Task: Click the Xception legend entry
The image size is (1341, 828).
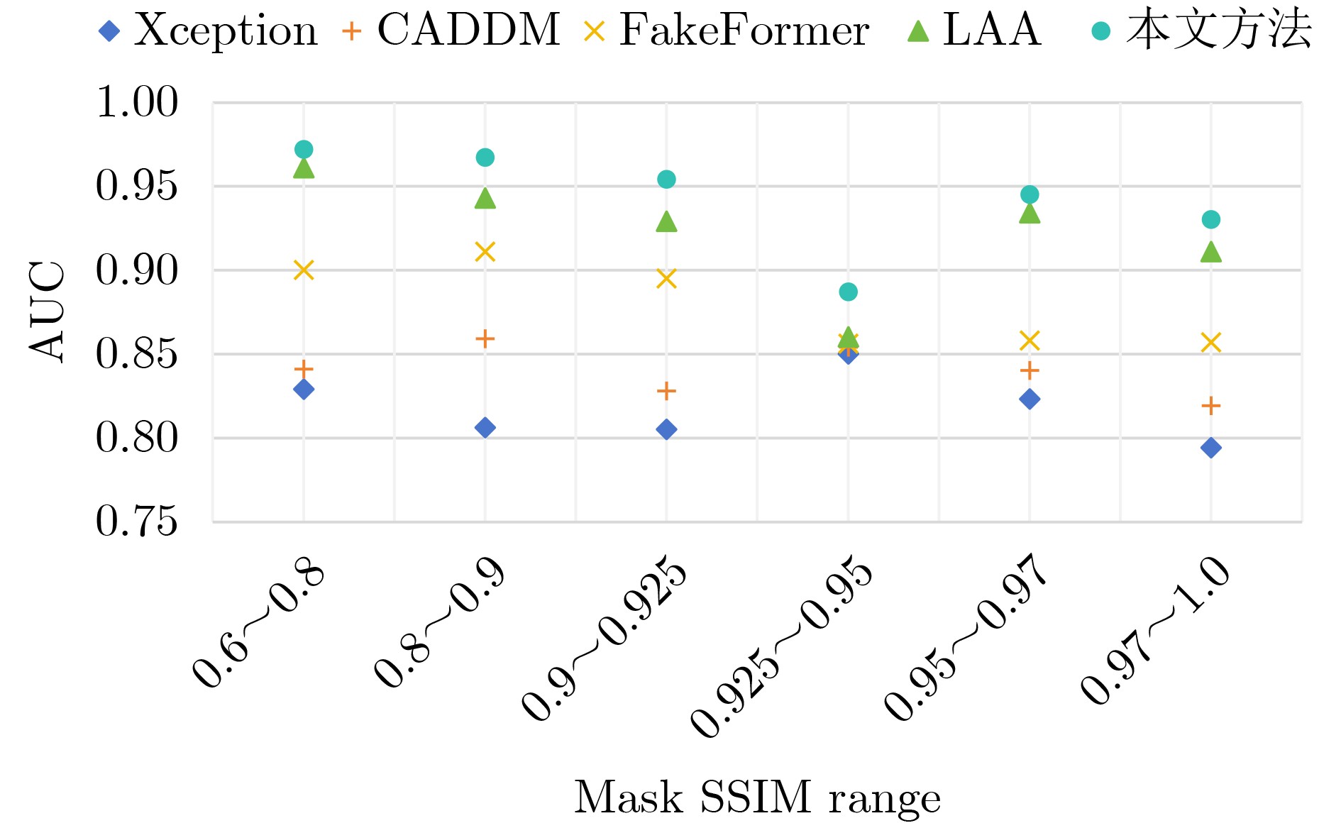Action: click(210, 31)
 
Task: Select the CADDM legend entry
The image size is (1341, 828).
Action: click(451, 31)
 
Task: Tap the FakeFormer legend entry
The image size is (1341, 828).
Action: click(727, 31)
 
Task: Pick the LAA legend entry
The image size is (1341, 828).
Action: click(975, 31)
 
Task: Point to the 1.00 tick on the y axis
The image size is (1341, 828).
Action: click(137, 102)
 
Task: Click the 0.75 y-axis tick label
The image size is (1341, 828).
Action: click(137, 521)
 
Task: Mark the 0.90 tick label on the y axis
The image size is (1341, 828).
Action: click(137, 270)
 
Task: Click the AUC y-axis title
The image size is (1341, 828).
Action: click(48, 311)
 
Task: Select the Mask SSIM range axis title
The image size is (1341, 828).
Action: click(757, 797)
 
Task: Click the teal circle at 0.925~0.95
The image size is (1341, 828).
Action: click(848, 292)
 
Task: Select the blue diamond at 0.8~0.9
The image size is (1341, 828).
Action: click(485, 428)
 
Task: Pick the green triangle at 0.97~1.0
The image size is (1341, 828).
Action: click(1211, 252)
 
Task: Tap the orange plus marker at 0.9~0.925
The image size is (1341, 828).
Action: click(666, 391)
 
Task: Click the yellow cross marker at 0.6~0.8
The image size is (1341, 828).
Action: click(304, 270)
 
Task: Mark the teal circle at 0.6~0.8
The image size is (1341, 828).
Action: click(304, 150)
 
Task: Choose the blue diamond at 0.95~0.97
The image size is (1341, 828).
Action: click(1030, 399)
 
